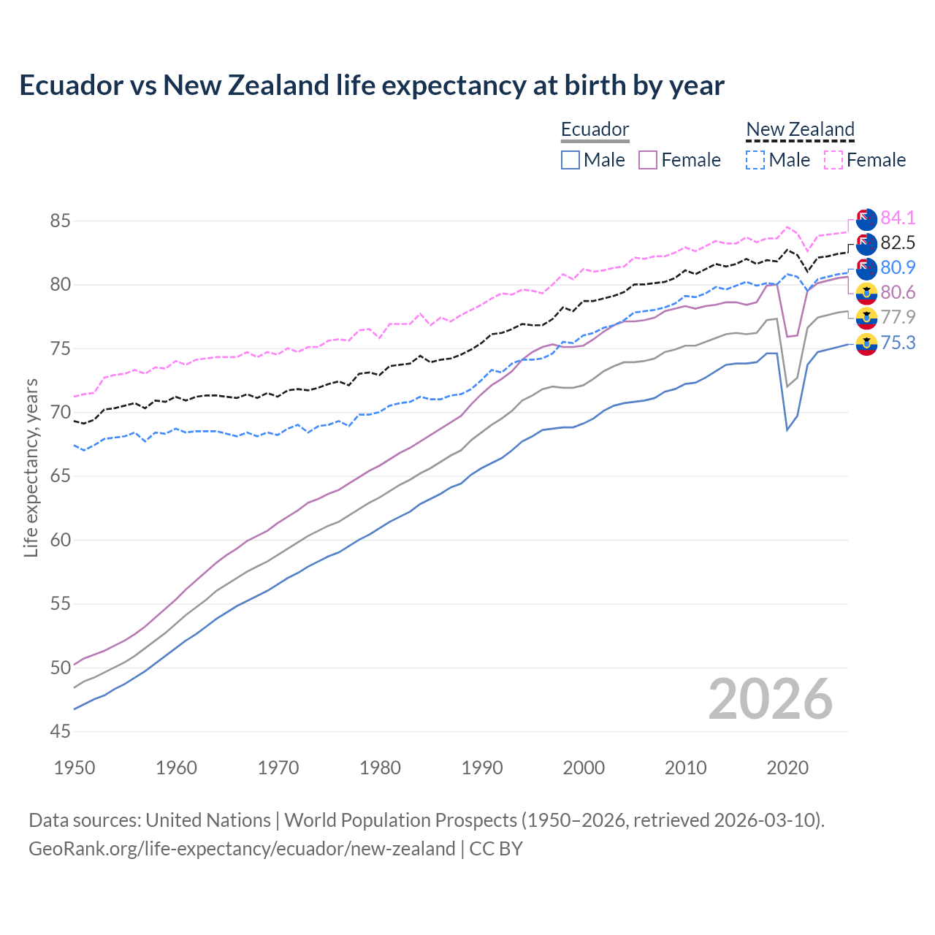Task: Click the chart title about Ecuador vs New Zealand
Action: point(371,85)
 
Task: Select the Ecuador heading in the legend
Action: point(595,130)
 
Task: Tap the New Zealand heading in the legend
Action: point(800,130)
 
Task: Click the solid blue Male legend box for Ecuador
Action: point(570,160)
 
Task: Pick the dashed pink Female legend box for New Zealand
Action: point(833,160)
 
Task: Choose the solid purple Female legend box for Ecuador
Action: point(648,160)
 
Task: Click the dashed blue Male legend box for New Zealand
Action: point(755,160)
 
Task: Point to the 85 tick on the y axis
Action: point(60,221)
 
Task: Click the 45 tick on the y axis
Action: point(60,731)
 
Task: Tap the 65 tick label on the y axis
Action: point(60,476)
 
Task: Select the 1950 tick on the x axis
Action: point(75,768)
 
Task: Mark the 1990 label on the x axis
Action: point(482,768)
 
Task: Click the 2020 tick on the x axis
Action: point(787,768)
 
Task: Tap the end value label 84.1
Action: point(898,218)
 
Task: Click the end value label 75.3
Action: point(898,342)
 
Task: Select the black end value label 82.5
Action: point(898,243)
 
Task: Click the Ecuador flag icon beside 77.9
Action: point(866,318)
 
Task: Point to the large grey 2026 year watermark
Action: point(770,699)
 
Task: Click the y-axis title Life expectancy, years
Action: point(31,467)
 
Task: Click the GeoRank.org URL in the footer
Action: point(242,849)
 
